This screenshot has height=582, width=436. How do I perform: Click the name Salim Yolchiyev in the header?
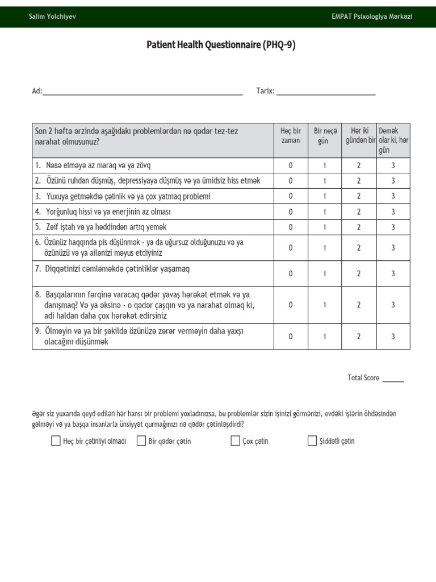click(52, 16)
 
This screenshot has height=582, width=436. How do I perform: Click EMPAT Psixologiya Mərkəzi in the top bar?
click(372, 16)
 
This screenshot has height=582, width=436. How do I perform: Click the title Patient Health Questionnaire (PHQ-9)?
click(221, 45)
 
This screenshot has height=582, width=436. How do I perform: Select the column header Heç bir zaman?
click(291, 136)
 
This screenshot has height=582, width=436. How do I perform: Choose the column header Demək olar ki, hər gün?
click(393, 140)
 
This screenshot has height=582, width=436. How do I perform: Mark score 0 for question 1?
click(291, 165)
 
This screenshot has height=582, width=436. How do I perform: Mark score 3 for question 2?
click(393, 181)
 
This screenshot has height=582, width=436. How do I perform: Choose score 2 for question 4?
click(359, 211)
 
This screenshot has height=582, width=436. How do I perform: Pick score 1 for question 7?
click(325, 273)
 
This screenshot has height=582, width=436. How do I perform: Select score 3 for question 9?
click(393, 336)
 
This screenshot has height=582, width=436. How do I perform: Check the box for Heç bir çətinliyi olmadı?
click(56, 441)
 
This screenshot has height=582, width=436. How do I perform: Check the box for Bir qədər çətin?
click(141, 441)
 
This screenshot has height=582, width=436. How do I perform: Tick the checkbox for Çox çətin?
click(235, 441)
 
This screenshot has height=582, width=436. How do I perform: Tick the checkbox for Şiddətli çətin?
click(312, 441)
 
